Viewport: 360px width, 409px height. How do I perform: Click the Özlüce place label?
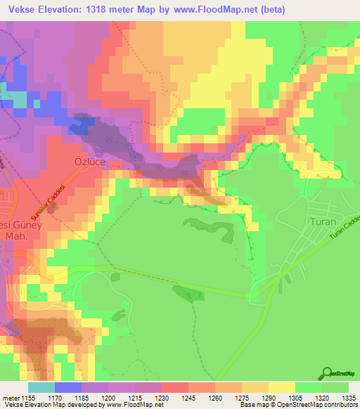coord(89,161)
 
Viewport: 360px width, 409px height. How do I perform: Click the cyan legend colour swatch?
coord(41,387)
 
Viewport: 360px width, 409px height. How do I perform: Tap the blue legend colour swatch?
coord(68,387)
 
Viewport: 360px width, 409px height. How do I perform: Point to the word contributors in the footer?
coord(339,405)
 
